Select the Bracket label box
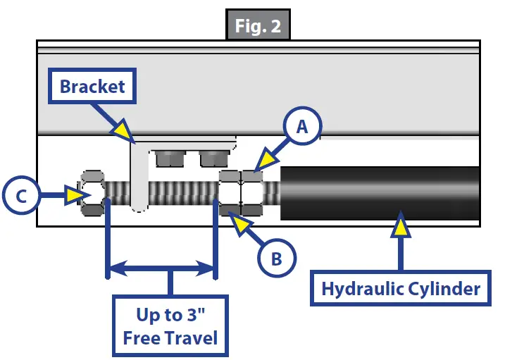click(x=92, y=87)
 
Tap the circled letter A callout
click(x=301, y=128)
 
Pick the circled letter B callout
click(x=277, y=259)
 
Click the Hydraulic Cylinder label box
click(x=401, y=288)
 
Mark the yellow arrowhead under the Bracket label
click(x=123, y=130)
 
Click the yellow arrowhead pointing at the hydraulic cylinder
click(x=401, y=225)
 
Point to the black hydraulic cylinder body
click(x=380, y=192)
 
